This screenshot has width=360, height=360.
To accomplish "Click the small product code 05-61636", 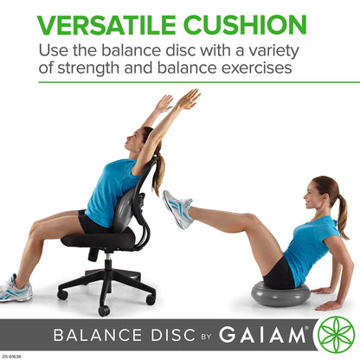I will coord(11,354).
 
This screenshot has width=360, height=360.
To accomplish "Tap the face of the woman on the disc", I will coord(314,196).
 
